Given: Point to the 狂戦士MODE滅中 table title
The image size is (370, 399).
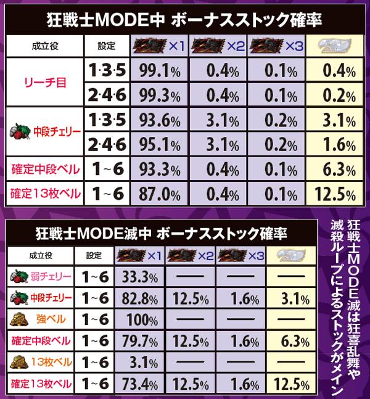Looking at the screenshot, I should point(160,234).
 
